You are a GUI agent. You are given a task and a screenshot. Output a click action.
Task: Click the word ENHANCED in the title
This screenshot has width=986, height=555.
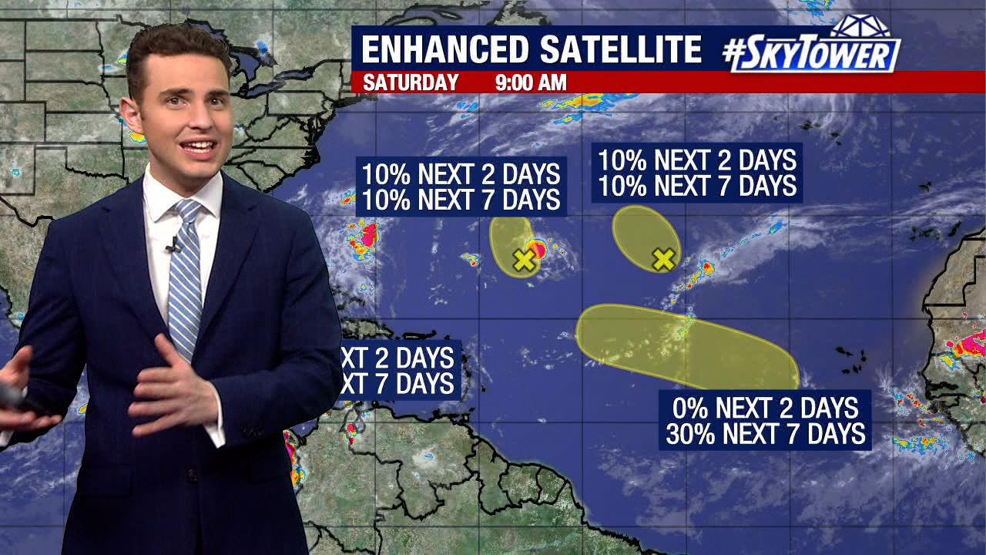point(445,50)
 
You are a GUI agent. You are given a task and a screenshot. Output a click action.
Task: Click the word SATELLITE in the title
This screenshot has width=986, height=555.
point(620,50)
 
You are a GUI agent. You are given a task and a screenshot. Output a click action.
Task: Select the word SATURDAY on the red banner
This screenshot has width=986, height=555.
point(411,82)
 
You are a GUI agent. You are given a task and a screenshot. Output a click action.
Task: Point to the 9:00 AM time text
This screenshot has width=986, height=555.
point(531,82)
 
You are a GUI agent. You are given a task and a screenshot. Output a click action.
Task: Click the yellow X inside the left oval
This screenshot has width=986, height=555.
point(525,260)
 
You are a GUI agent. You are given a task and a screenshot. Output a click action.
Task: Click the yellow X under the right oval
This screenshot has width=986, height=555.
point(663,259)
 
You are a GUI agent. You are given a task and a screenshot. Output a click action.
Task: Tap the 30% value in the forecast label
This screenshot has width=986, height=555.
point(689,434)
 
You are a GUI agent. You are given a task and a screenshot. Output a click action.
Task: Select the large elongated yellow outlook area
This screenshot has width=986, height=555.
point(686,347)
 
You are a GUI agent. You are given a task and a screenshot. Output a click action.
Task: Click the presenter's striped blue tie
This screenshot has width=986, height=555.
point(185,277)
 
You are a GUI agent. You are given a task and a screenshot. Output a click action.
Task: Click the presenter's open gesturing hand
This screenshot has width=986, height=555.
point(173,385)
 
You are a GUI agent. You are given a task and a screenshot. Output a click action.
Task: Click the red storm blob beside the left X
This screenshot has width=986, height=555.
point(538,248)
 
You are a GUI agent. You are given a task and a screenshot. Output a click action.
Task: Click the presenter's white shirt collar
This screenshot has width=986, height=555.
point(166,197)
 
